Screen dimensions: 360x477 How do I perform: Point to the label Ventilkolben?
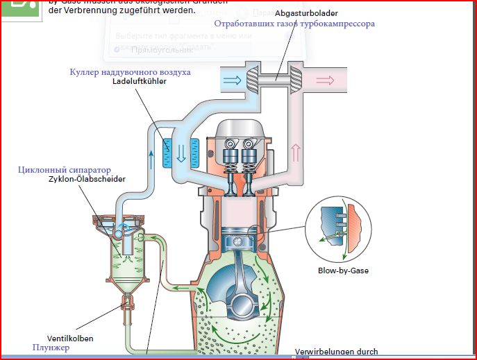pos(69,338)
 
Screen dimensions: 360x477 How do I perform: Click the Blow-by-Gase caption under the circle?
pos(344,271)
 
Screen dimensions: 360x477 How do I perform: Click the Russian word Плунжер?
pos(51,348)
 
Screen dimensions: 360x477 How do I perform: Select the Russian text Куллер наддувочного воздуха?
pos(130,71)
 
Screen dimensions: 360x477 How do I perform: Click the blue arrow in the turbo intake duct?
pos(232,80)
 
